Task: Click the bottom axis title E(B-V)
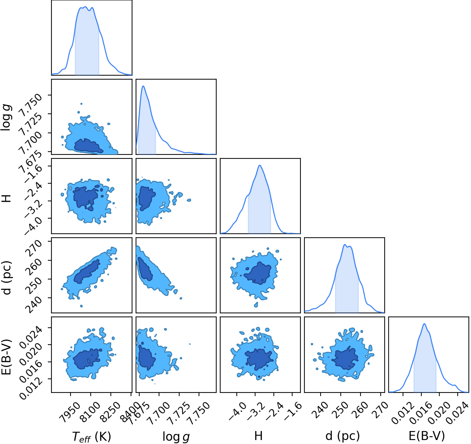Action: tap(427, 436)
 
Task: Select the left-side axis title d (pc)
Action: tap(7, 278)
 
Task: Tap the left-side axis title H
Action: tap(7, 198)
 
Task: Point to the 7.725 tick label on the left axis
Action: tap(31, 124)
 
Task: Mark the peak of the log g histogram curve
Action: tap(143, 86)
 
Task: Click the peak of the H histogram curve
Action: tap(260, 165)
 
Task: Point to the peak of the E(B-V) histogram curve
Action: tap(424, 324)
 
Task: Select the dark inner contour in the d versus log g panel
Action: tap(145, 269)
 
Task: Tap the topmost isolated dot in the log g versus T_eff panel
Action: tap(81, 104)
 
